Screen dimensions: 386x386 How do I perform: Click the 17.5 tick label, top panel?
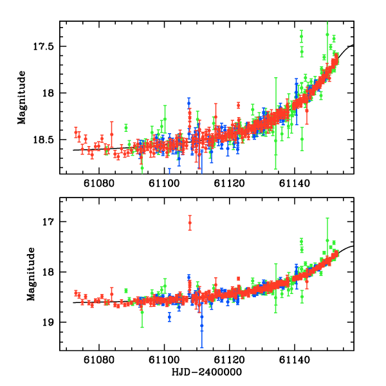click(46, 47)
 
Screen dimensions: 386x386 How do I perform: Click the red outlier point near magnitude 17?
click(190, 223)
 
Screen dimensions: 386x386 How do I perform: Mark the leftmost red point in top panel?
click(76, 133)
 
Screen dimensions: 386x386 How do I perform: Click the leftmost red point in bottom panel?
click(76, 293)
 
